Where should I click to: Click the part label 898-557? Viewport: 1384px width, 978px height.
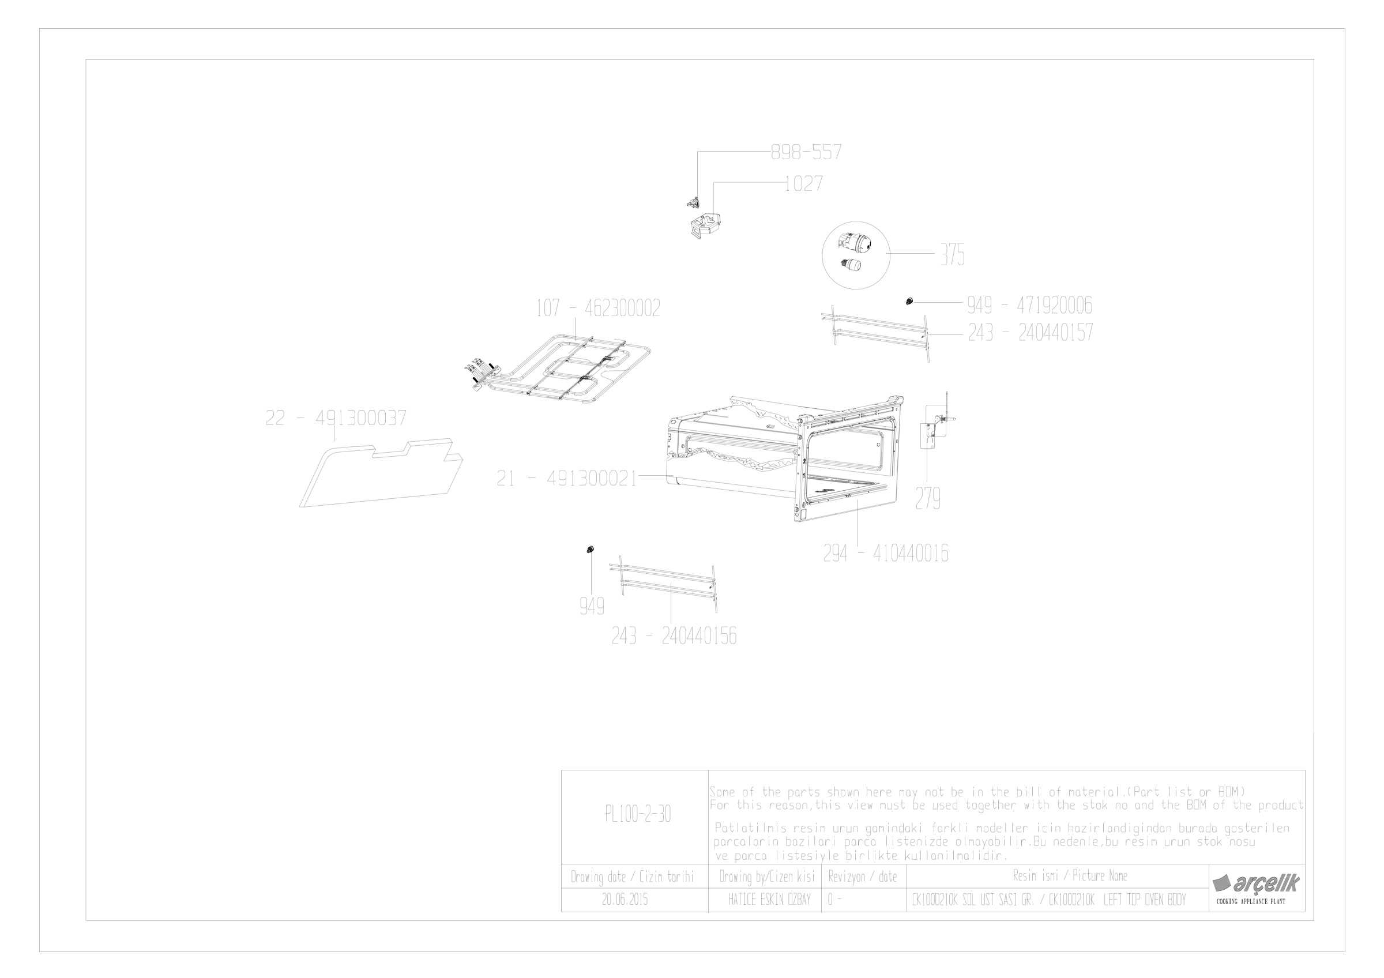807,152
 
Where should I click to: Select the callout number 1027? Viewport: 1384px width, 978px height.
803,183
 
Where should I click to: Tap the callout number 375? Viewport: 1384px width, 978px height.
953,255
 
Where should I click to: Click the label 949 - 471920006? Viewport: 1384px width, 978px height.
1029,306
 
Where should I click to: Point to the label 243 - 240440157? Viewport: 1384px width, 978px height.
1030,333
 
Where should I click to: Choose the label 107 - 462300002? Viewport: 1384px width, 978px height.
598,308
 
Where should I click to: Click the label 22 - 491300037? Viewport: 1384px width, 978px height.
336,417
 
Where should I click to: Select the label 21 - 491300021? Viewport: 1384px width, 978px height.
567,479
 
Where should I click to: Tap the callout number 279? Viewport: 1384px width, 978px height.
928,498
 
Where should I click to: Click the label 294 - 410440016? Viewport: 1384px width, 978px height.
886,553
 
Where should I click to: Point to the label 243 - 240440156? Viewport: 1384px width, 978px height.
674,635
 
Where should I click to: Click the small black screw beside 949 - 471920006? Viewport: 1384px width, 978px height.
909,300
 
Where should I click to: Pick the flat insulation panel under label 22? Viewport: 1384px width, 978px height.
381,473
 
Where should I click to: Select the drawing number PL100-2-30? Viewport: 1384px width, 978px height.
638,815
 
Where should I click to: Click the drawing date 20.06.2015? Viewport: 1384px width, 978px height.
625,900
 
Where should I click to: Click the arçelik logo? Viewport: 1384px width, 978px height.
1256,884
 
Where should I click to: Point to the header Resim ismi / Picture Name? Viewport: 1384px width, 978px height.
1070,875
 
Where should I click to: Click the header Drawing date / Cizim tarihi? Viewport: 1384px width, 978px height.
633,877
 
